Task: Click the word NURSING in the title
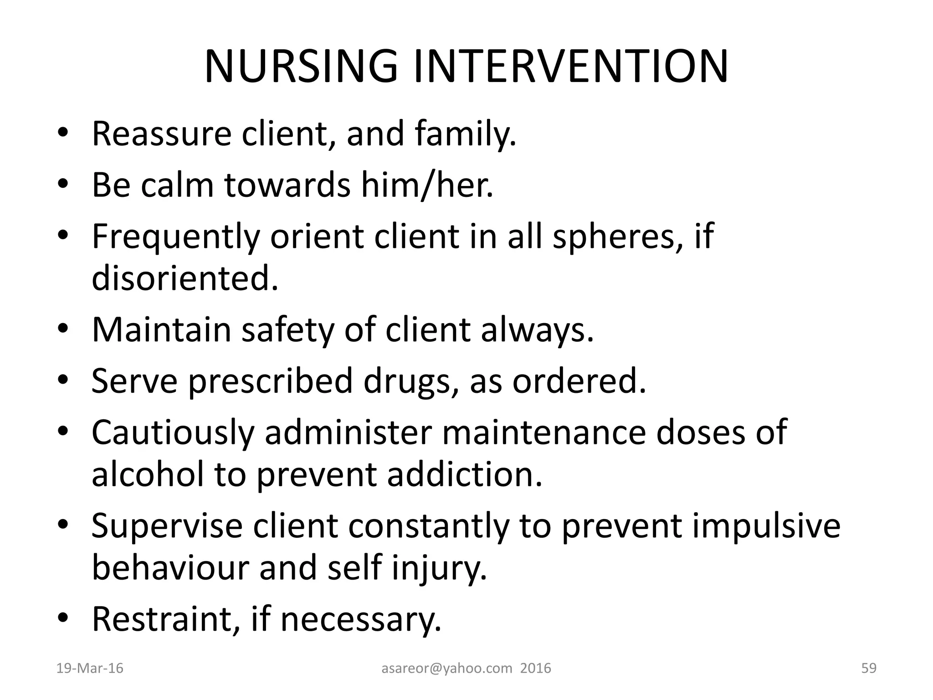click(x=301, y=67)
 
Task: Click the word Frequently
click(x=176, y=237)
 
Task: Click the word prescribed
click(x=271, y=381)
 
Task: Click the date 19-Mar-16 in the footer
click(x=90, y=668)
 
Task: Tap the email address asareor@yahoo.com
click(x=446, y=668)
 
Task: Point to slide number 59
click(x=869, y=668)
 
